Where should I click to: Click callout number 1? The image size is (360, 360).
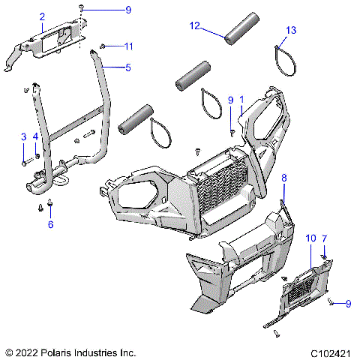[x=241, y=109]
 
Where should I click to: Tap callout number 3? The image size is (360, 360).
[x=23, y=136]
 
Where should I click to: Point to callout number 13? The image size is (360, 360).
[x=292, y=30]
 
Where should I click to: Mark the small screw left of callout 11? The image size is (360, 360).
[x=103, y=47]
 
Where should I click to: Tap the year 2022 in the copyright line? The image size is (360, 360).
[x=30, y=352]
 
